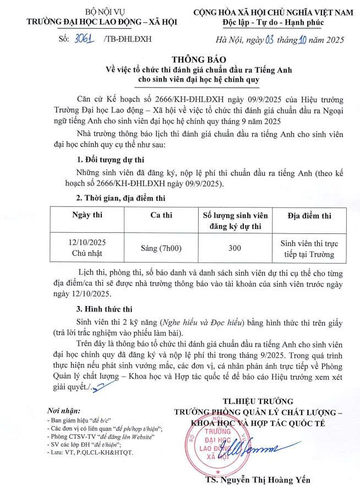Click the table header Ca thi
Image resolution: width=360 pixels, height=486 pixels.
(x=161, y=215)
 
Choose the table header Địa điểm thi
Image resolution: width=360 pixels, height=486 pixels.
(x=309, y=215)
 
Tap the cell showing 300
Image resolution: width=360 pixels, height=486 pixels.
(x=235, y=248)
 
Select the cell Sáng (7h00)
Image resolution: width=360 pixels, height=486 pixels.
(x=161, y=248)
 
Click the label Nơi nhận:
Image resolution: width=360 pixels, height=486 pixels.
(x=64, y=411)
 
